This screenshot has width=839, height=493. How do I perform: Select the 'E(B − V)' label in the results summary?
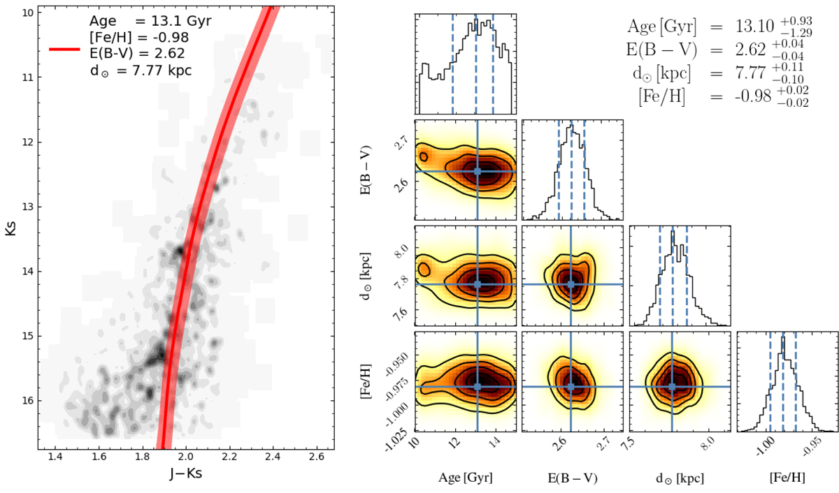657,51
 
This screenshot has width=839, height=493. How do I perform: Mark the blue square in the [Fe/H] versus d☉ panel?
672,386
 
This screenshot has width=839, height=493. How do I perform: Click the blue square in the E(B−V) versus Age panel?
478,171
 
